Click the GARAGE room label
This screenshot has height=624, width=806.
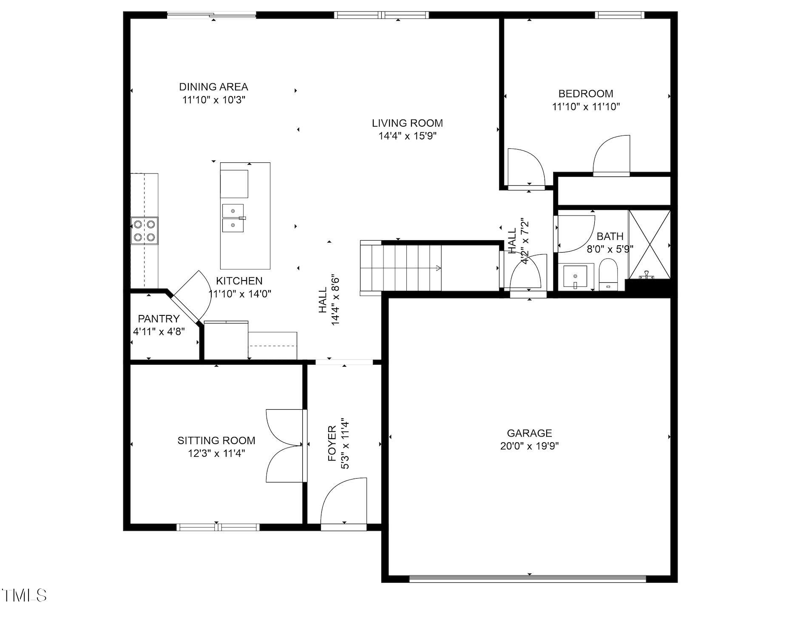coord(529,433)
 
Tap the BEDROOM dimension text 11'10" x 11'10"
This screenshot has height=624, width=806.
coord(585,107)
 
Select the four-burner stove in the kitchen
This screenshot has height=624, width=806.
coord(144,230)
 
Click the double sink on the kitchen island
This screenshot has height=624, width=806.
coord(233,218)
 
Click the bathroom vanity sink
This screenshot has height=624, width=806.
coord(575,276)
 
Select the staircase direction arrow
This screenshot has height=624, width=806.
coord(437,268)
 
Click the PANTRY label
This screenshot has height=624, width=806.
coord(159,319)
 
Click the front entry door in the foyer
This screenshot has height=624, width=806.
coord(344,504)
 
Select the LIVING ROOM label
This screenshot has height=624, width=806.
coord(407,123)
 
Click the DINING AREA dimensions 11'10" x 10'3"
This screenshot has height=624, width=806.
coord(214,100)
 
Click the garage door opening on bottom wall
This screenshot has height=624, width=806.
coord(527,579)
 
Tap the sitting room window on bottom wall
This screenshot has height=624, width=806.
coord(218,527)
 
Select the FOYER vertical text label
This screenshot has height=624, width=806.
coord(332,444)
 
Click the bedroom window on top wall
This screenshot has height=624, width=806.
coord(619,15)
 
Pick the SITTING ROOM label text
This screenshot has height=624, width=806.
coord(216,440)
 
